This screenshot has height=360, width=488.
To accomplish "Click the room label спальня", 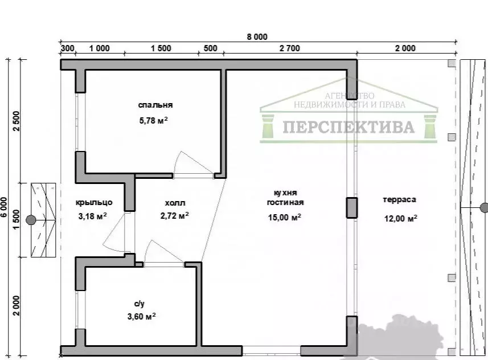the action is (x=155, y=105).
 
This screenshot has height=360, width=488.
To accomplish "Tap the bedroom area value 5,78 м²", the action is (x=154, y=120).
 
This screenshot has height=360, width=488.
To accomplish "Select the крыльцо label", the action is (x=94, y=203).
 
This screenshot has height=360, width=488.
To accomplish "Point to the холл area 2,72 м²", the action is (x=175, y=215).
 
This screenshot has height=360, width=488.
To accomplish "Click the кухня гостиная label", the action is (x=285, y=198).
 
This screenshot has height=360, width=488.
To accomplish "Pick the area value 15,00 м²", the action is (x=285, y=217).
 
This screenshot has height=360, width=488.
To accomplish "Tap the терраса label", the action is (x=399, y=199).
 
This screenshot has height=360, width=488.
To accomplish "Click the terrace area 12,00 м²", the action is (x=400, y=218).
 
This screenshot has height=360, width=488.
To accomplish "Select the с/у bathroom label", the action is (x=140, y=304).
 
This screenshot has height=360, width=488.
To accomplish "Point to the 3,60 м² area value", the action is (x=142, y=317).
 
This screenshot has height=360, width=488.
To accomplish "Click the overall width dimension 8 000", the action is (x=257, y=37).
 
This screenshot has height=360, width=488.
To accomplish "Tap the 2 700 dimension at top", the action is (x=290, y=48).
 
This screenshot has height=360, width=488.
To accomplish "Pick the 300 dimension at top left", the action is (x=68, y=48).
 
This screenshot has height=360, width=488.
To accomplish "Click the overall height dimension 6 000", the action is (x=4, y=207).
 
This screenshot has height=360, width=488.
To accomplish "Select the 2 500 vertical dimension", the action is (x=16, y=121).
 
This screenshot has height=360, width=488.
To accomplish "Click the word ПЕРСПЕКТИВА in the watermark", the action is (x=348, y=127).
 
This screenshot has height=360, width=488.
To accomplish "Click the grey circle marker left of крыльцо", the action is (x=31, y=220).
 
